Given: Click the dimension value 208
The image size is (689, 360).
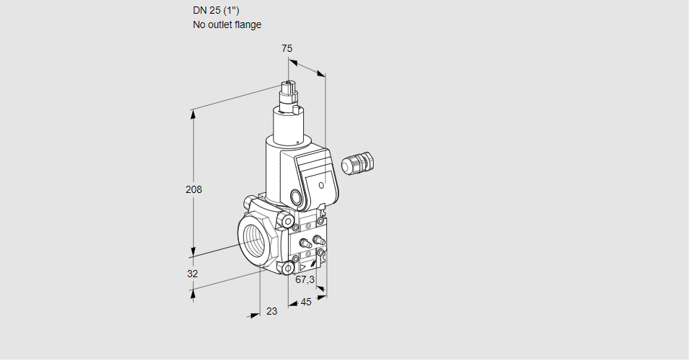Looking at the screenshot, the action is (x=194, y=189).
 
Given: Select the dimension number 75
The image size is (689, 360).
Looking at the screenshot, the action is (x=287, y=48).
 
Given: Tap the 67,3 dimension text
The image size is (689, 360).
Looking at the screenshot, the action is (x=305, y=279).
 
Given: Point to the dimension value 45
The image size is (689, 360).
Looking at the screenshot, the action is (x=306, y=302).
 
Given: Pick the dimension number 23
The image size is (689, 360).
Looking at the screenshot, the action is (x=272, y=311).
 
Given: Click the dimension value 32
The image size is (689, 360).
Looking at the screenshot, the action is (x=192, y=274).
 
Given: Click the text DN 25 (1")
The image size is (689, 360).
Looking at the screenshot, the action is (x=216, y=11).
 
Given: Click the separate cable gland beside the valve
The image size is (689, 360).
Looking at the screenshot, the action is (x=358, y=163).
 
